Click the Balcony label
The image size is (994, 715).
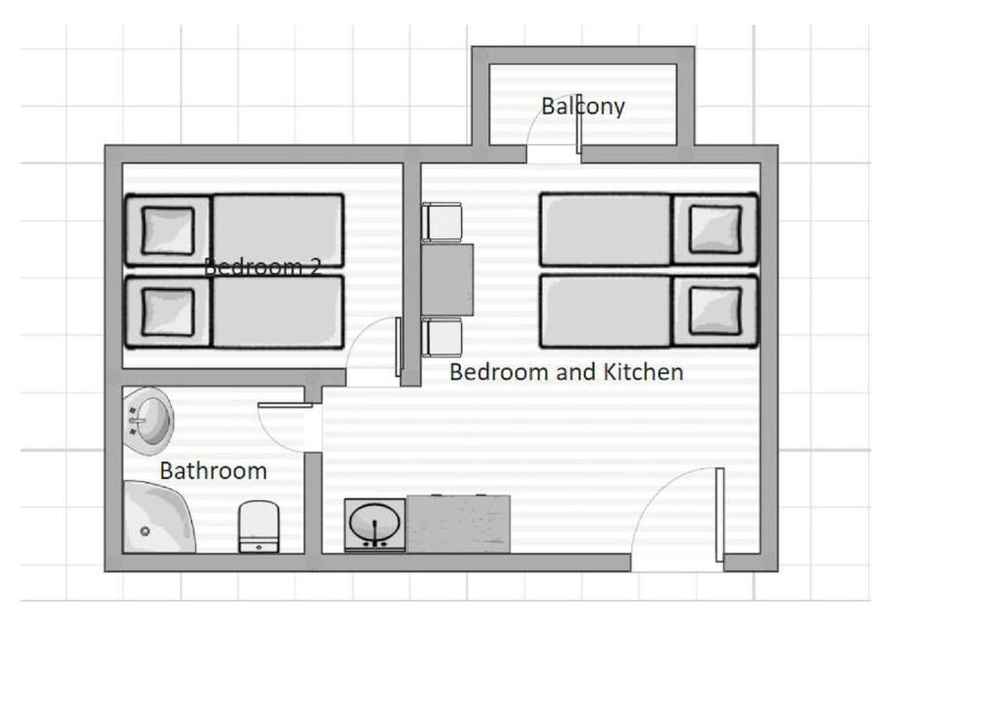click(x=582, y=106)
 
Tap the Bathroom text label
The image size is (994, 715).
click(x=213, y=471)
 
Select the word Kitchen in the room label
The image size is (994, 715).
click(x=644, y=372)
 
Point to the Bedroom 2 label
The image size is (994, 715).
click(x=262, y=267)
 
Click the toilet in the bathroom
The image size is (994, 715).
click(x=257, y=527)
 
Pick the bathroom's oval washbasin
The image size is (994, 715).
click(x=150, y=419)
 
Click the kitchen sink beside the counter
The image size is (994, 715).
click(x=375, y=525)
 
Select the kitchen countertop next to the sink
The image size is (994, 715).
click(x=458, y=524)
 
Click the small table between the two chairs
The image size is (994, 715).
click(x=447, y=280)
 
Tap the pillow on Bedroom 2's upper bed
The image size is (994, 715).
click(x=168, y=230)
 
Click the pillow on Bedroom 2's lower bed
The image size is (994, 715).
click(x=168, y=312)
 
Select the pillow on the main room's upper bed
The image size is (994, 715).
click(x=715, y=229)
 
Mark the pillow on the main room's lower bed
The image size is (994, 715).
click(x=715, y=311)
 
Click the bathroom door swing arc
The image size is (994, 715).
click(x=280, y=426)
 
